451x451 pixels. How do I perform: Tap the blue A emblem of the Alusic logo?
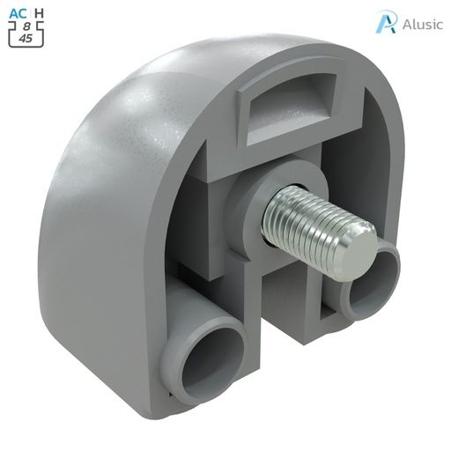(385, 23)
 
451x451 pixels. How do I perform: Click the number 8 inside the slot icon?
(26, 26)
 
